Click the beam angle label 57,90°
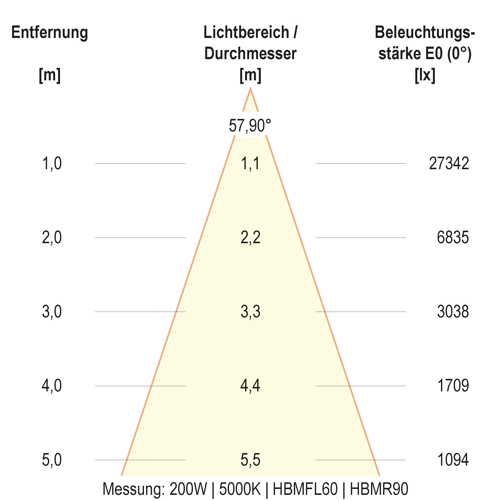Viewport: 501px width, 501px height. tap(250, 126)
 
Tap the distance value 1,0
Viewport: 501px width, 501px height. tap(52, 164)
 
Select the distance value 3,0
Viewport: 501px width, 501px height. tap(52, 311)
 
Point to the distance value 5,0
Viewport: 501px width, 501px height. tap(52, 460)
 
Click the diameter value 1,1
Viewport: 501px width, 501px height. tap(250, 164)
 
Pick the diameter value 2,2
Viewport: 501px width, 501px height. tap(250, 237)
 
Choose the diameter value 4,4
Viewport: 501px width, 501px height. tap(250, 386)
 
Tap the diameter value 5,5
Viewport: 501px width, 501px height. tap(250, 460)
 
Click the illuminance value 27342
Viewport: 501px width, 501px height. tap(449, 164)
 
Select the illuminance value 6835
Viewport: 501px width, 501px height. tap(453, 237)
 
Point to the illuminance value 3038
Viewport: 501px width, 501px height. tap(453, 311)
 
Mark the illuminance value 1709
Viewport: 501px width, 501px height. tap(453, 386)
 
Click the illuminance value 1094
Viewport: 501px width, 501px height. tap(453, 460)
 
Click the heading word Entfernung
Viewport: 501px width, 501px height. tap(50, 33)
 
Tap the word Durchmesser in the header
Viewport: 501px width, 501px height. tap(250, 54)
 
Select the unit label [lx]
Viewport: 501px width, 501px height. tap(425, 75)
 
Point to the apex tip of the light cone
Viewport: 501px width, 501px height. tap(250, 89)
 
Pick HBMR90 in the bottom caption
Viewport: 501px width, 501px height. tap(379, 489)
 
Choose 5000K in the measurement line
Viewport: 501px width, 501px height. tap(240, 489)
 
